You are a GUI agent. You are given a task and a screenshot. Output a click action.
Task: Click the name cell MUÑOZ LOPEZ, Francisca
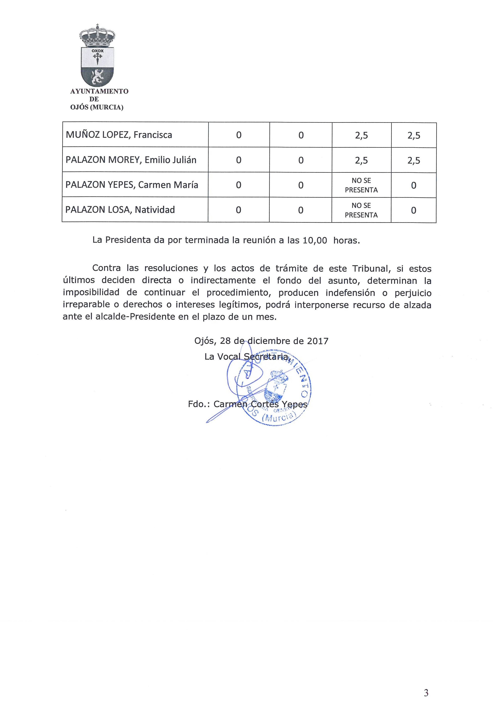click(x=119, y=135)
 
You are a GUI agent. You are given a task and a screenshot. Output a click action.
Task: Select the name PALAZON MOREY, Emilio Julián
click(x=131, y=160)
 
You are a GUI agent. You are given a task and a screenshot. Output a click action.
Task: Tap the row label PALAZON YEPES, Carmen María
click(x=132, y=185)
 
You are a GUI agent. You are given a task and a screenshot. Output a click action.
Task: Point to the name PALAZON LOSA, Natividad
click(x=120, y=210)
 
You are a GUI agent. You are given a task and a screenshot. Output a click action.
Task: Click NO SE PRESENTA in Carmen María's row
click(x=361, y=185)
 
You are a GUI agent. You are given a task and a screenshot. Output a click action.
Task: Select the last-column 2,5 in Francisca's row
click(x=414, y=135)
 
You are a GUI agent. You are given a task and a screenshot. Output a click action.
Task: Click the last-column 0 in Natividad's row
click(x=413, y=211)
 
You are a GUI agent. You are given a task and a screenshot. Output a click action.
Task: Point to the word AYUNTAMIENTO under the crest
click(x=99, y=91)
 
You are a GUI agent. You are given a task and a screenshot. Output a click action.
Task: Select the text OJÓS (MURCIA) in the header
click(x=97, y=108)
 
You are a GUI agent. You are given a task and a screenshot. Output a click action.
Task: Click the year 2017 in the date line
click(x=318, y=341)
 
